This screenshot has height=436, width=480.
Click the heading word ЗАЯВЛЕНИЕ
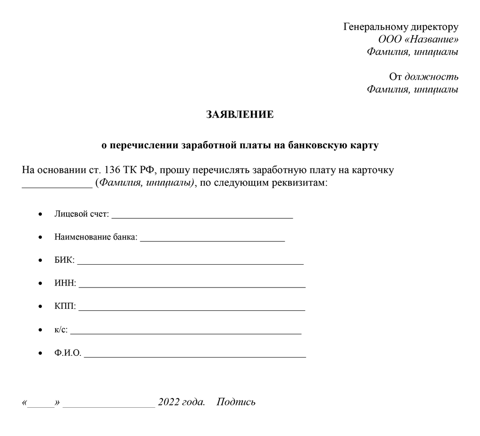240,114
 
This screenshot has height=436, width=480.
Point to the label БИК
64,261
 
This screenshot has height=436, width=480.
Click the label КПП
65,306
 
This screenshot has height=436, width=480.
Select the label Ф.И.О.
67,353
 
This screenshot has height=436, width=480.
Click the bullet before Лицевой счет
41,214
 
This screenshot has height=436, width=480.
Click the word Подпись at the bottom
236,402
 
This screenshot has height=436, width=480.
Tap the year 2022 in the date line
169,402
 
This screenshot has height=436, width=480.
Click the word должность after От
431,76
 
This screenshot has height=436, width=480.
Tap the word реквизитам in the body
298,183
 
